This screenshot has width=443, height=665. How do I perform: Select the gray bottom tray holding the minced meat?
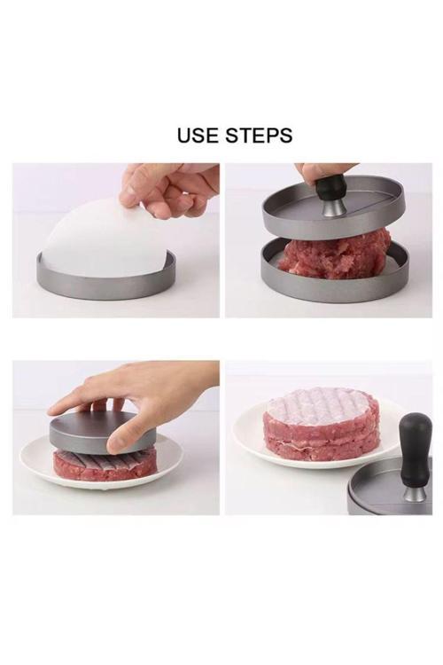[x=335, y=282]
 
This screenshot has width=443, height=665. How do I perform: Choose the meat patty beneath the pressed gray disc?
[x=105, y=464]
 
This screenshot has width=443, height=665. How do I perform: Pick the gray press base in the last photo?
[x=381, y=497]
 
